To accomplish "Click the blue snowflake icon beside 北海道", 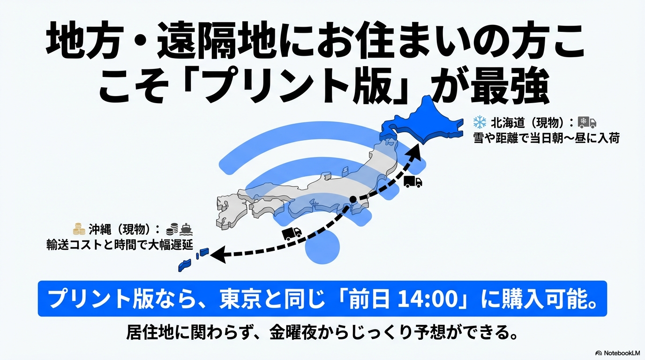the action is [480, 122].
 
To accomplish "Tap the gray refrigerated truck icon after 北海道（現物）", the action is [587, 123].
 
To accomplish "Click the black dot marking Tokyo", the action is [352, 199].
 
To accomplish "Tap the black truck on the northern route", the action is [412, 181].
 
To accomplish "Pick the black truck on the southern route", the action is [292, 233].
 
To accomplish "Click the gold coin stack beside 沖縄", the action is [79, 229].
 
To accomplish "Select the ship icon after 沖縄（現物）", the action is [186, 229].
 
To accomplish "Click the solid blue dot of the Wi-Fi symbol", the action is [322, 247].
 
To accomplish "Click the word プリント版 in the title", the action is [300, 86].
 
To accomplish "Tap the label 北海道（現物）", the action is [528, 123].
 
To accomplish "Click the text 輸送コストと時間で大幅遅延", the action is [120, 245].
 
